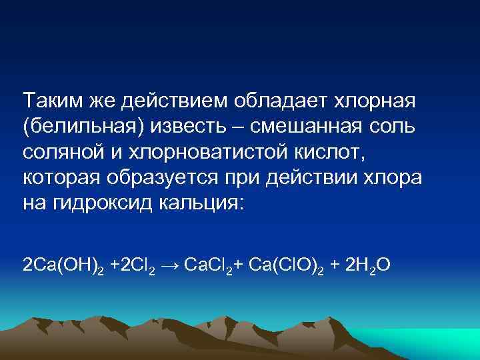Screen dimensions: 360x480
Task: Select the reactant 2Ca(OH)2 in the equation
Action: click(x=63, y=267)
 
